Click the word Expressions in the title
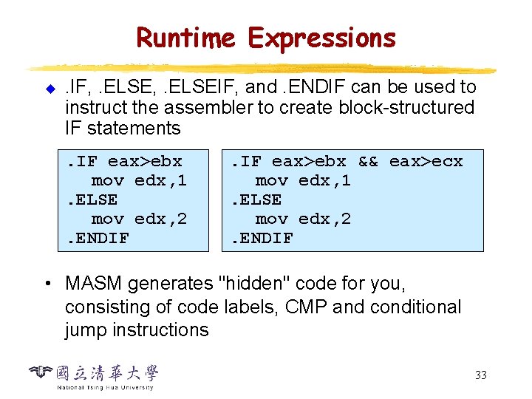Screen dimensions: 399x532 pos(322,37)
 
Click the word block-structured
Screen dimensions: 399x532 pos(406,108)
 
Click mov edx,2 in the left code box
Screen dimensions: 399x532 pos(139,219)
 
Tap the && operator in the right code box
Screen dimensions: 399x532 pos(367,161)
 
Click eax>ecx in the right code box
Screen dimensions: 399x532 pos(426,161)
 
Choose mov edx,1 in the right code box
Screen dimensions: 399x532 pos(303,180)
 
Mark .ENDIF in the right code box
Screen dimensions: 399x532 pos(262,238)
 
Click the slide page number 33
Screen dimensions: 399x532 pos(480,375)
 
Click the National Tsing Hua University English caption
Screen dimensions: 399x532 pos(105,387)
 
